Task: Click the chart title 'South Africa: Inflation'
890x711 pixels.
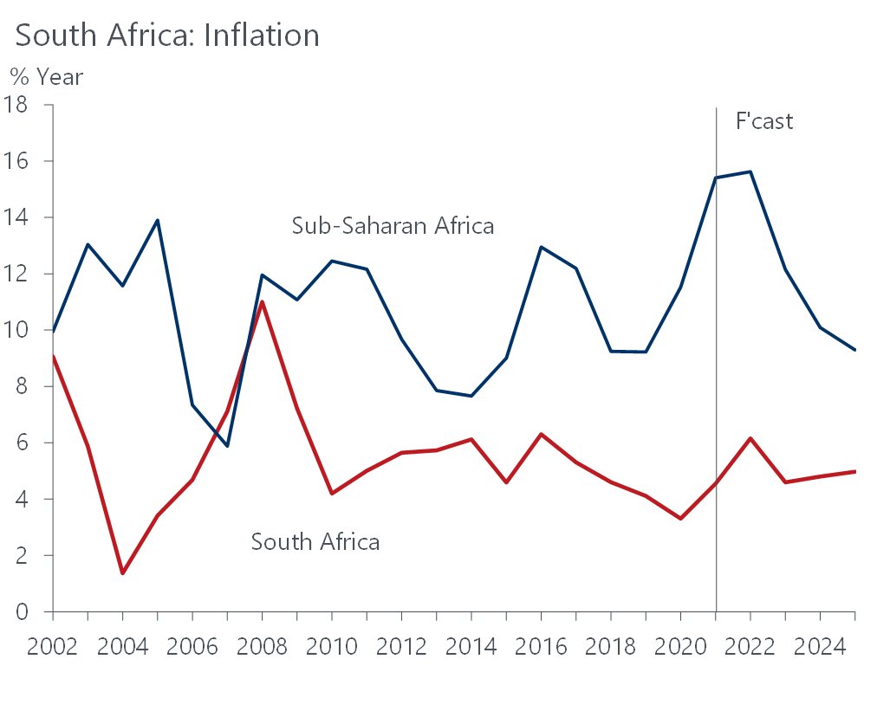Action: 167,36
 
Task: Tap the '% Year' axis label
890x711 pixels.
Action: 47,77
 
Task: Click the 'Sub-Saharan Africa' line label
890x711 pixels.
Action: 393,227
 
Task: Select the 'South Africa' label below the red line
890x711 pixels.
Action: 315,543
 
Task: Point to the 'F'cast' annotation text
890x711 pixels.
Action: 764,121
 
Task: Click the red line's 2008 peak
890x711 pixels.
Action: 262,301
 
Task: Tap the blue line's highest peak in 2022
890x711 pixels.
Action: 750,171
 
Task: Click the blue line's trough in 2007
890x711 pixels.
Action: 227,446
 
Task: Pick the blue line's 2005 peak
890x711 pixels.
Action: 158,219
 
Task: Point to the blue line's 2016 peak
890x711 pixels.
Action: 541,247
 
